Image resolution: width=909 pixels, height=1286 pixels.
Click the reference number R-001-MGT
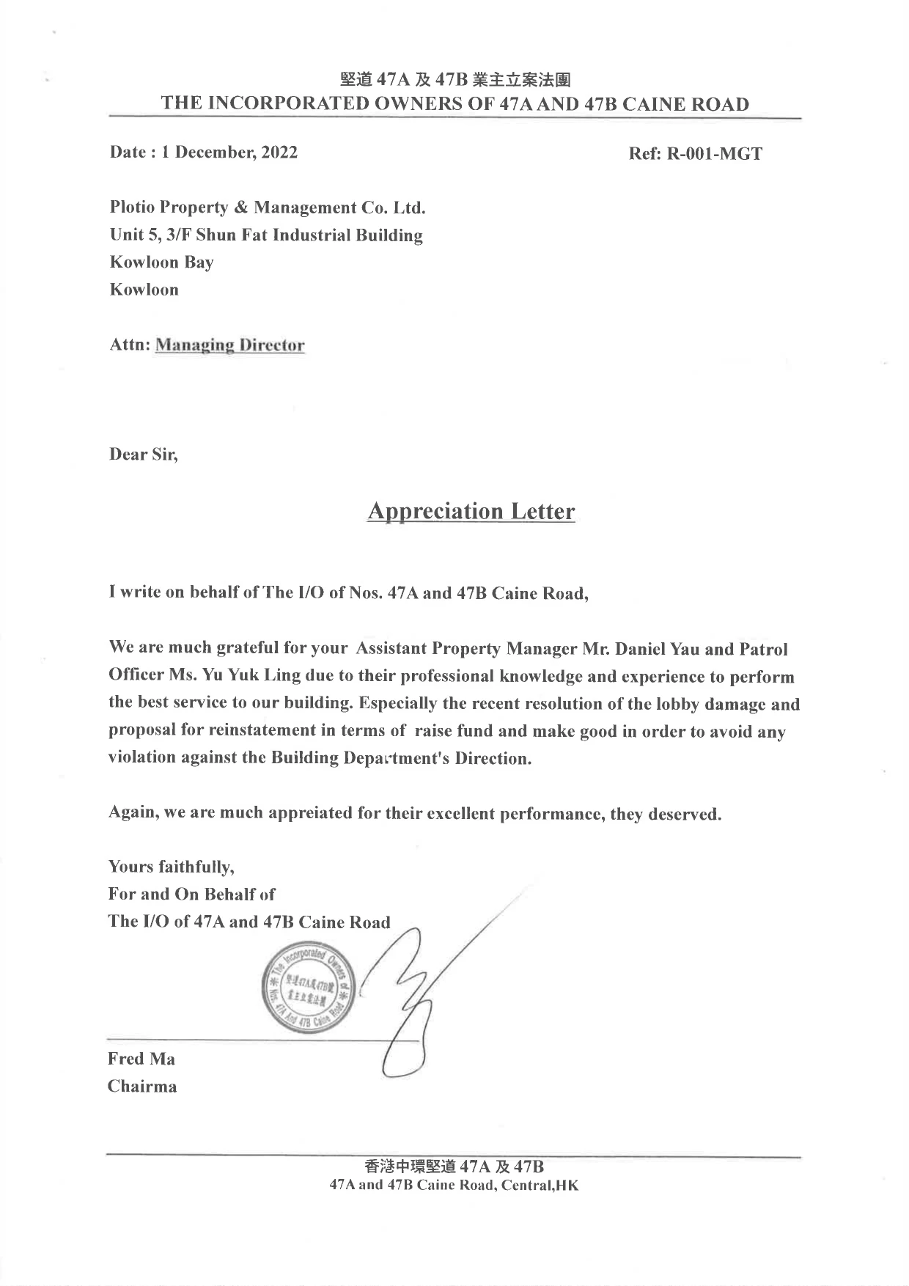pyautogui.click(x=714, y=154)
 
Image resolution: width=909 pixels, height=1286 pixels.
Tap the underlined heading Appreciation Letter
pyautogui.click(x=471, y=511)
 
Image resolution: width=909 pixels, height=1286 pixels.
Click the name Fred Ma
pyautogui.click(x=141, y=1059)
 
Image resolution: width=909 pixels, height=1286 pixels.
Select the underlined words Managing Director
pyautogui.click(x=229, y=345)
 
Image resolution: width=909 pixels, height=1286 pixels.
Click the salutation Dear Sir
pyautogui.click(x=144, y=455)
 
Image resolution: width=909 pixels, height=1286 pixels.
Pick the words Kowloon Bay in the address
pyautogui.click(x=162, y=262)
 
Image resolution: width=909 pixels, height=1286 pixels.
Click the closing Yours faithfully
pyautogui.click(x=171, y=867)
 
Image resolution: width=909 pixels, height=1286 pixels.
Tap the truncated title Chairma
pyautogui.click(x=142, y=1087)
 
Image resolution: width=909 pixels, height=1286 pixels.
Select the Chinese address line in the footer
pyautogui.click(x=454, y=1166)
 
